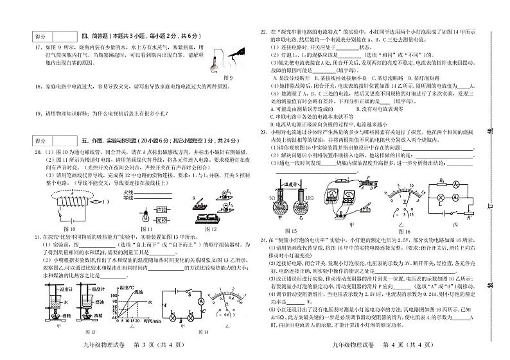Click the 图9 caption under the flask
coord(227,77)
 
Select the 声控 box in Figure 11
coord(162,208)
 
